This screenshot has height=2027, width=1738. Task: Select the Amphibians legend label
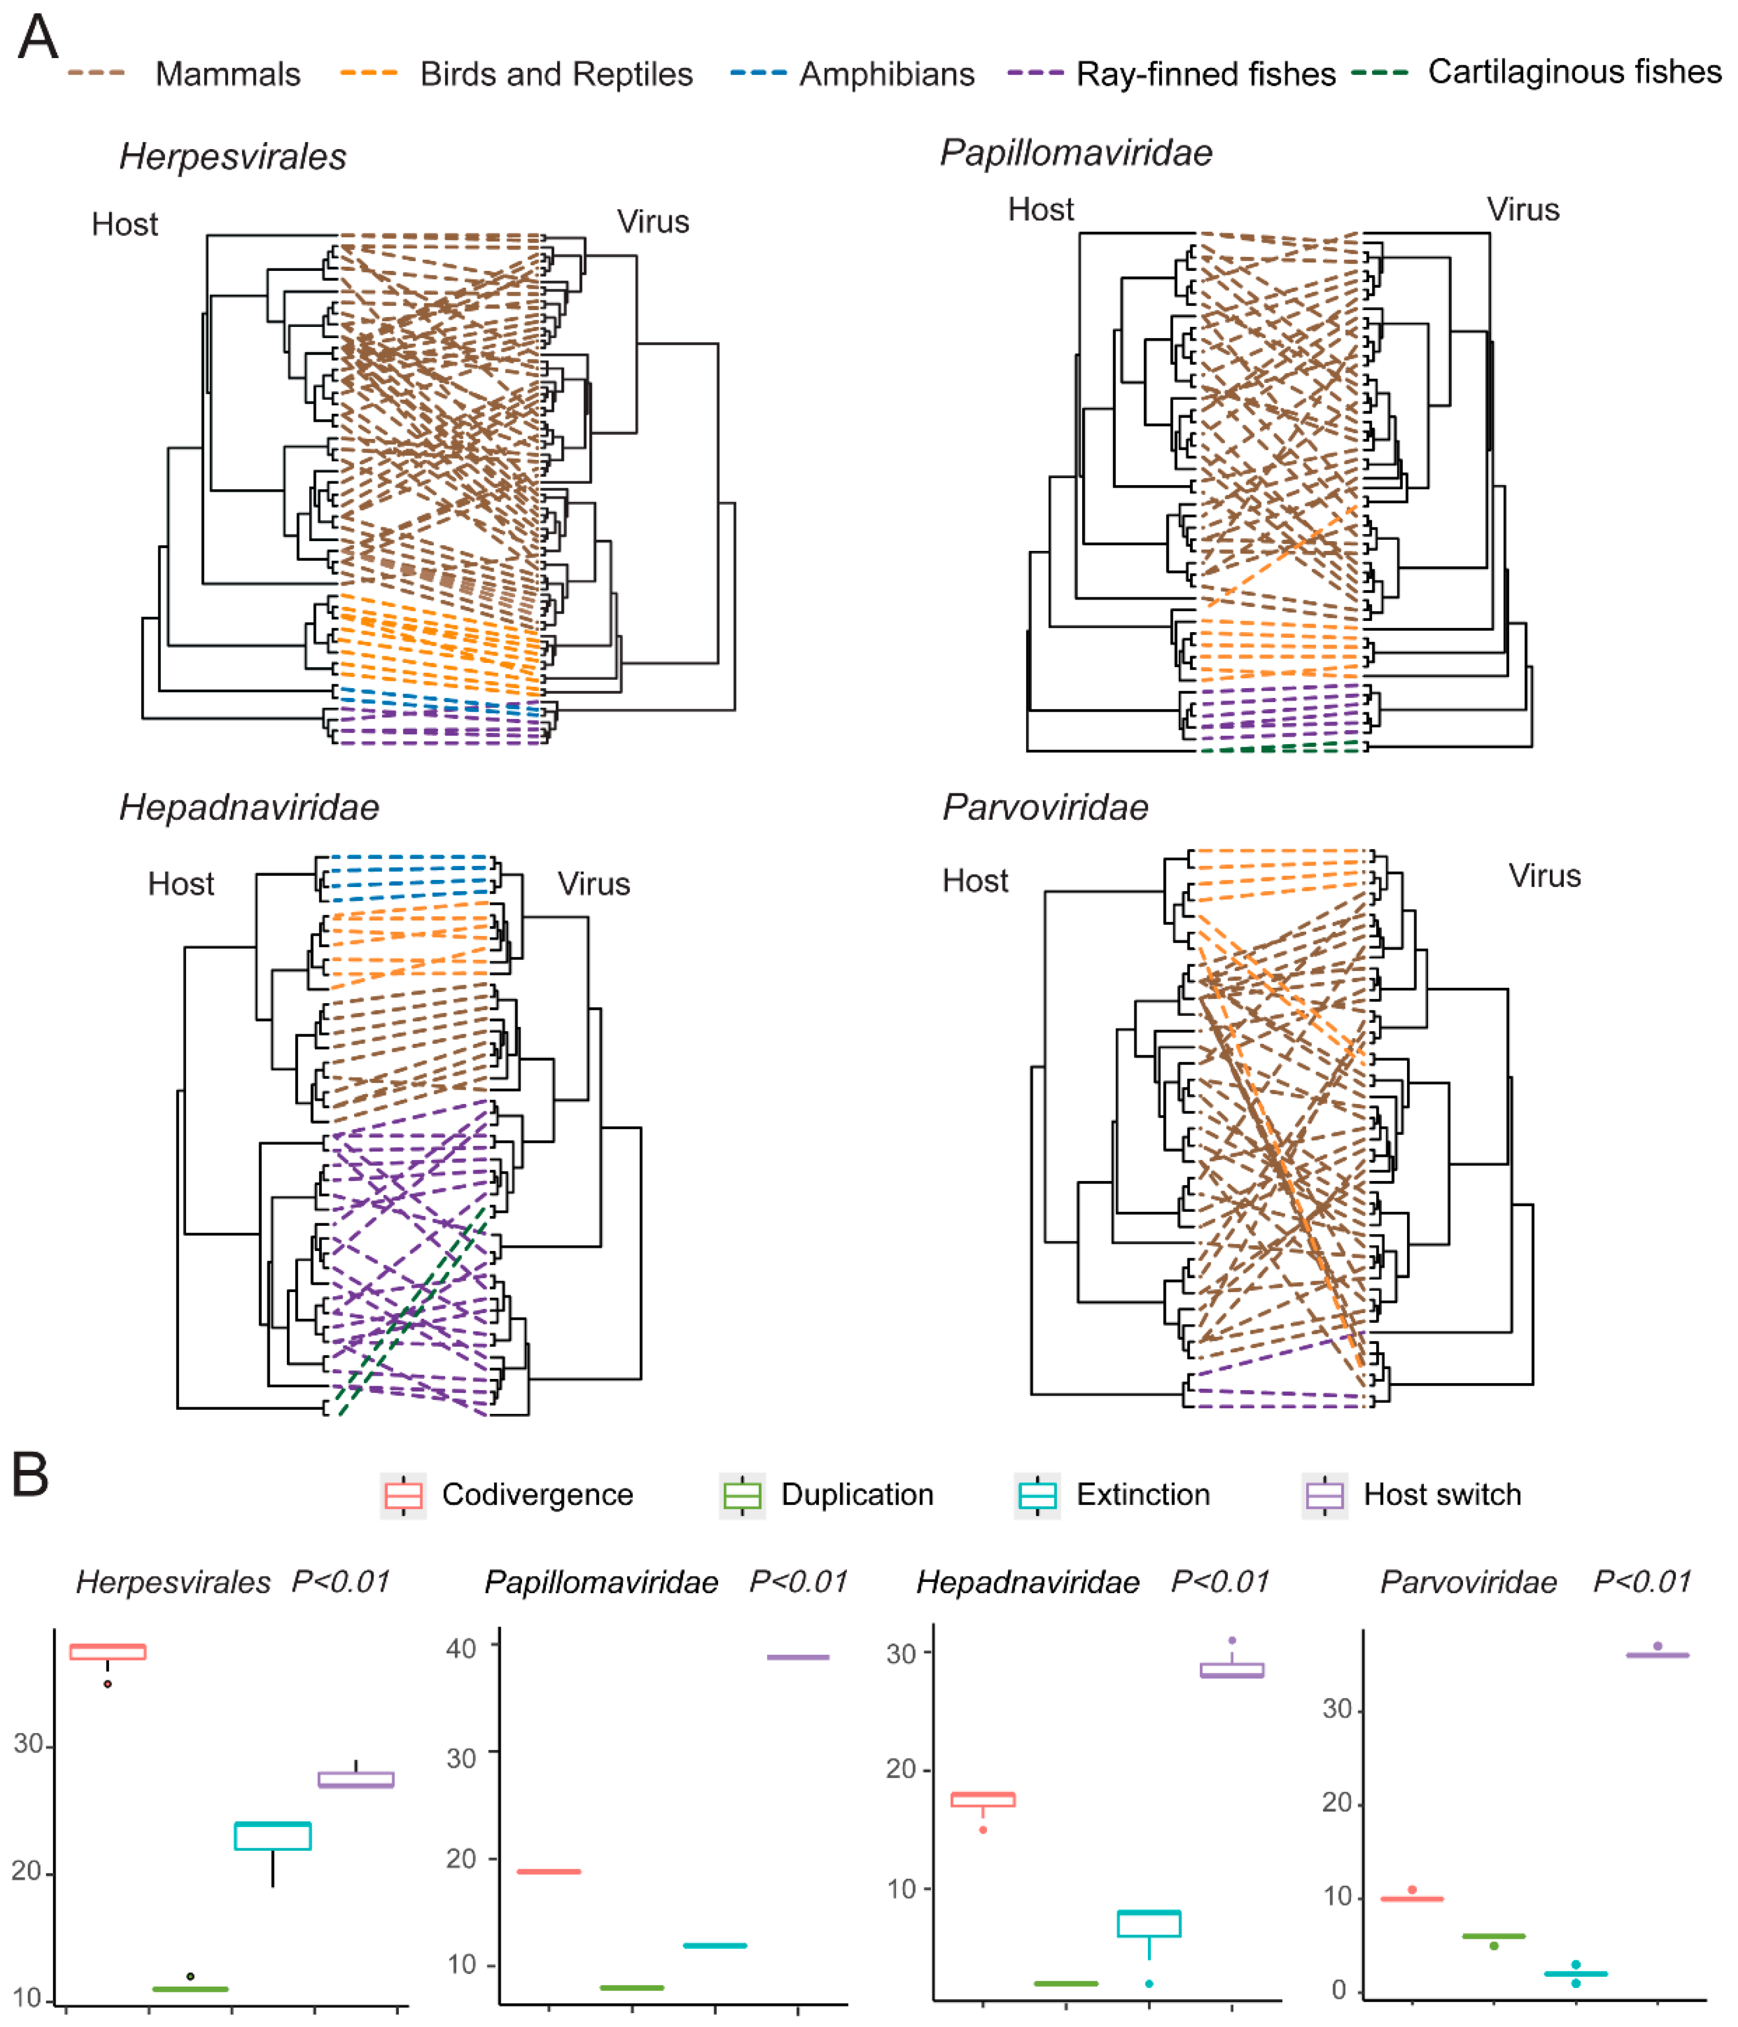[887, 75]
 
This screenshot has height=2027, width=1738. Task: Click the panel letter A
[38, 39]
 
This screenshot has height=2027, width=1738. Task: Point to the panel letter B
[30, 1475]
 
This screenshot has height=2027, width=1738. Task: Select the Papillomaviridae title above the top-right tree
[1075, 153]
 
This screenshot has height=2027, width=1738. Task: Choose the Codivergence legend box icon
[403, 1495]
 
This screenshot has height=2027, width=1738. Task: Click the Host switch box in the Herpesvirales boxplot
[356, 1779]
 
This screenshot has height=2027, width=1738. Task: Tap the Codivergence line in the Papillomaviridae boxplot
[549, 1871]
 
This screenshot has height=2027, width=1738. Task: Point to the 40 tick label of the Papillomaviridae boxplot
[461, 1649]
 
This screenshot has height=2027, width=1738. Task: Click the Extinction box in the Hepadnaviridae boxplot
[1149, 1923]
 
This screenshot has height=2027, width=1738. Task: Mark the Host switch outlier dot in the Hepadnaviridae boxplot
[1232, 1641]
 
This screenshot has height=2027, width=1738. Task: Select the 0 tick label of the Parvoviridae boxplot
[1339, 1990]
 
